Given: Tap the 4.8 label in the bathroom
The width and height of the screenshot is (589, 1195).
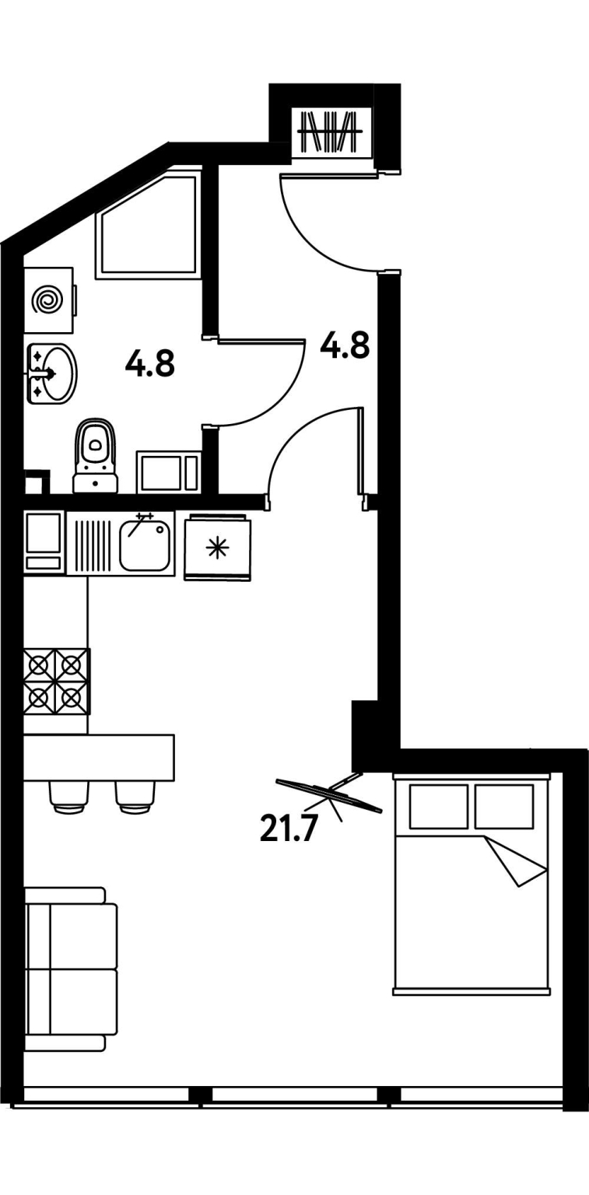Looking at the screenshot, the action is [x=150, y=364].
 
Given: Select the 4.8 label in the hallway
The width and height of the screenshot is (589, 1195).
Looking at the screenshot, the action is [x=345, y=345].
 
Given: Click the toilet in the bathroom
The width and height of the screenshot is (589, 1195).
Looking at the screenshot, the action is [x=96, y=455].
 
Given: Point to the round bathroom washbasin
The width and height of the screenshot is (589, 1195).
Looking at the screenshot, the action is [x=51, y=373].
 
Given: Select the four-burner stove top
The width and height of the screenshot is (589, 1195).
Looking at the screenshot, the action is [x=57, y=682].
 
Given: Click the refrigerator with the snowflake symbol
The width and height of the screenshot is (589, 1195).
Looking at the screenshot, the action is [x=217, y=547].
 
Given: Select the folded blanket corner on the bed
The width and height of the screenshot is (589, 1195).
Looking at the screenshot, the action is [x=515, y=862].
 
